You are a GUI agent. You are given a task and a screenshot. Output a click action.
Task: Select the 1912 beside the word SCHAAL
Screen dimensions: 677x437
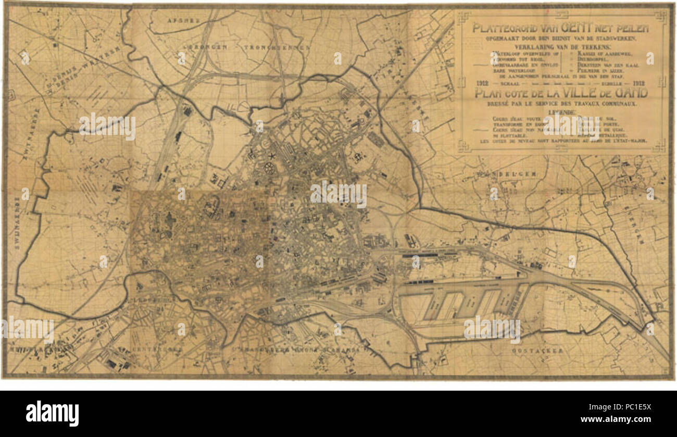pyautogui.click(x=482, y=83)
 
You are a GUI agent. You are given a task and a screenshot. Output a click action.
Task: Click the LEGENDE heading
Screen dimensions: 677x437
pyautogui.click(x=561, y=112)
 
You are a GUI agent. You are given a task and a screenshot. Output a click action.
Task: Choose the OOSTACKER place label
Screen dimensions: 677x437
pyautogui.click(x=537, y=351)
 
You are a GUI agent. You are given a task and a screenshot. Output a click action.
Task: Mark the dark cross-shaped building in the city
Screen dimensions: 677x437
pyautogui.click(x=169, y=221)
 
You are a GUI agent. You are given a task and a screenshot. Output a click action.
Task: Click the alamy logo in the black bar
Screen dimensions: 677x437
pyautogui.click(x=52, y=414)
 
